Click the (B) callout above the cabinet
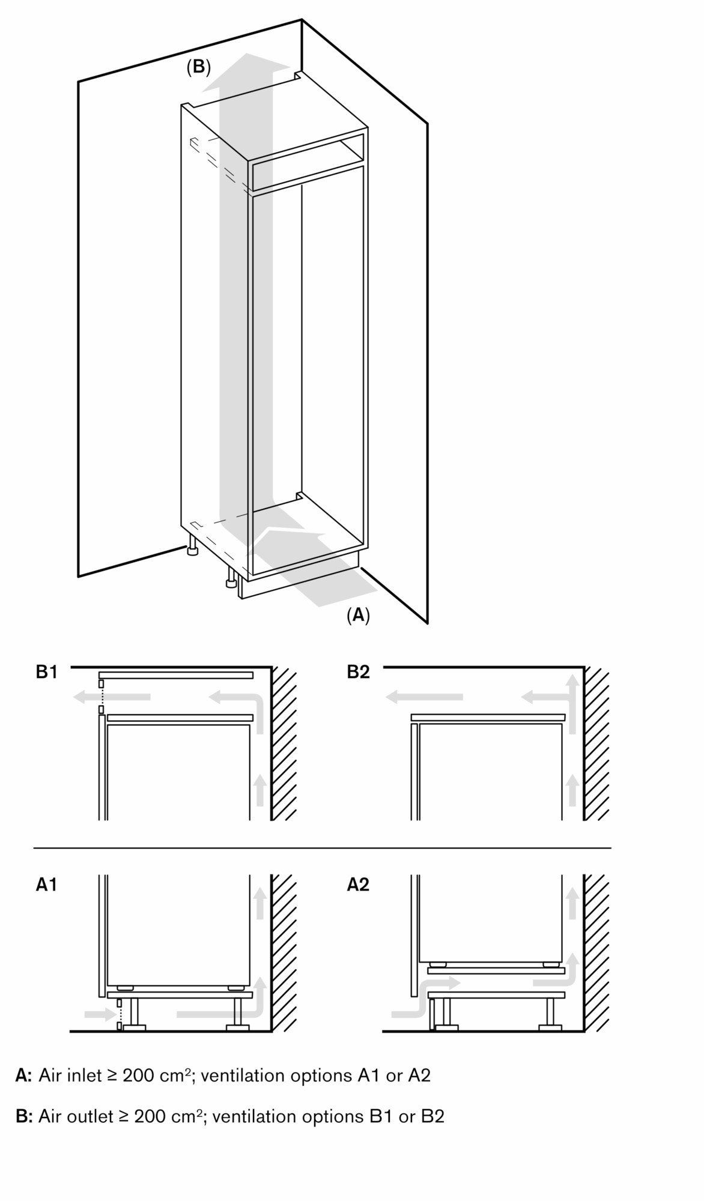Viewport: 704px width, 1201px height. point(198,67)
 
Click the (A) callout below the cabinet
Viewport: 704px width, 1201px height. point(358,614)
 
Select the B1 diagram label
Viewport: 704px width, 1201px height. point(46,672)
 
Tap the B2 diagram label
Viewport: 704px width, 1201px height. point(358,672)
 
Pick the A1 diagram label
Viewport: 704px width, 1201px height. point(46,885)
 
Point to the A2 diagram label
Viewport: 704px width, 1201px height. point(358,885)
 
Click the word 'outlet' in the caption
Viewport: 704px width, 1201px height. point(88,1116)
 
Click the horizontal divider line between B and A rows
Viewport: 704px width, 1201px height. point(322,848)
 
